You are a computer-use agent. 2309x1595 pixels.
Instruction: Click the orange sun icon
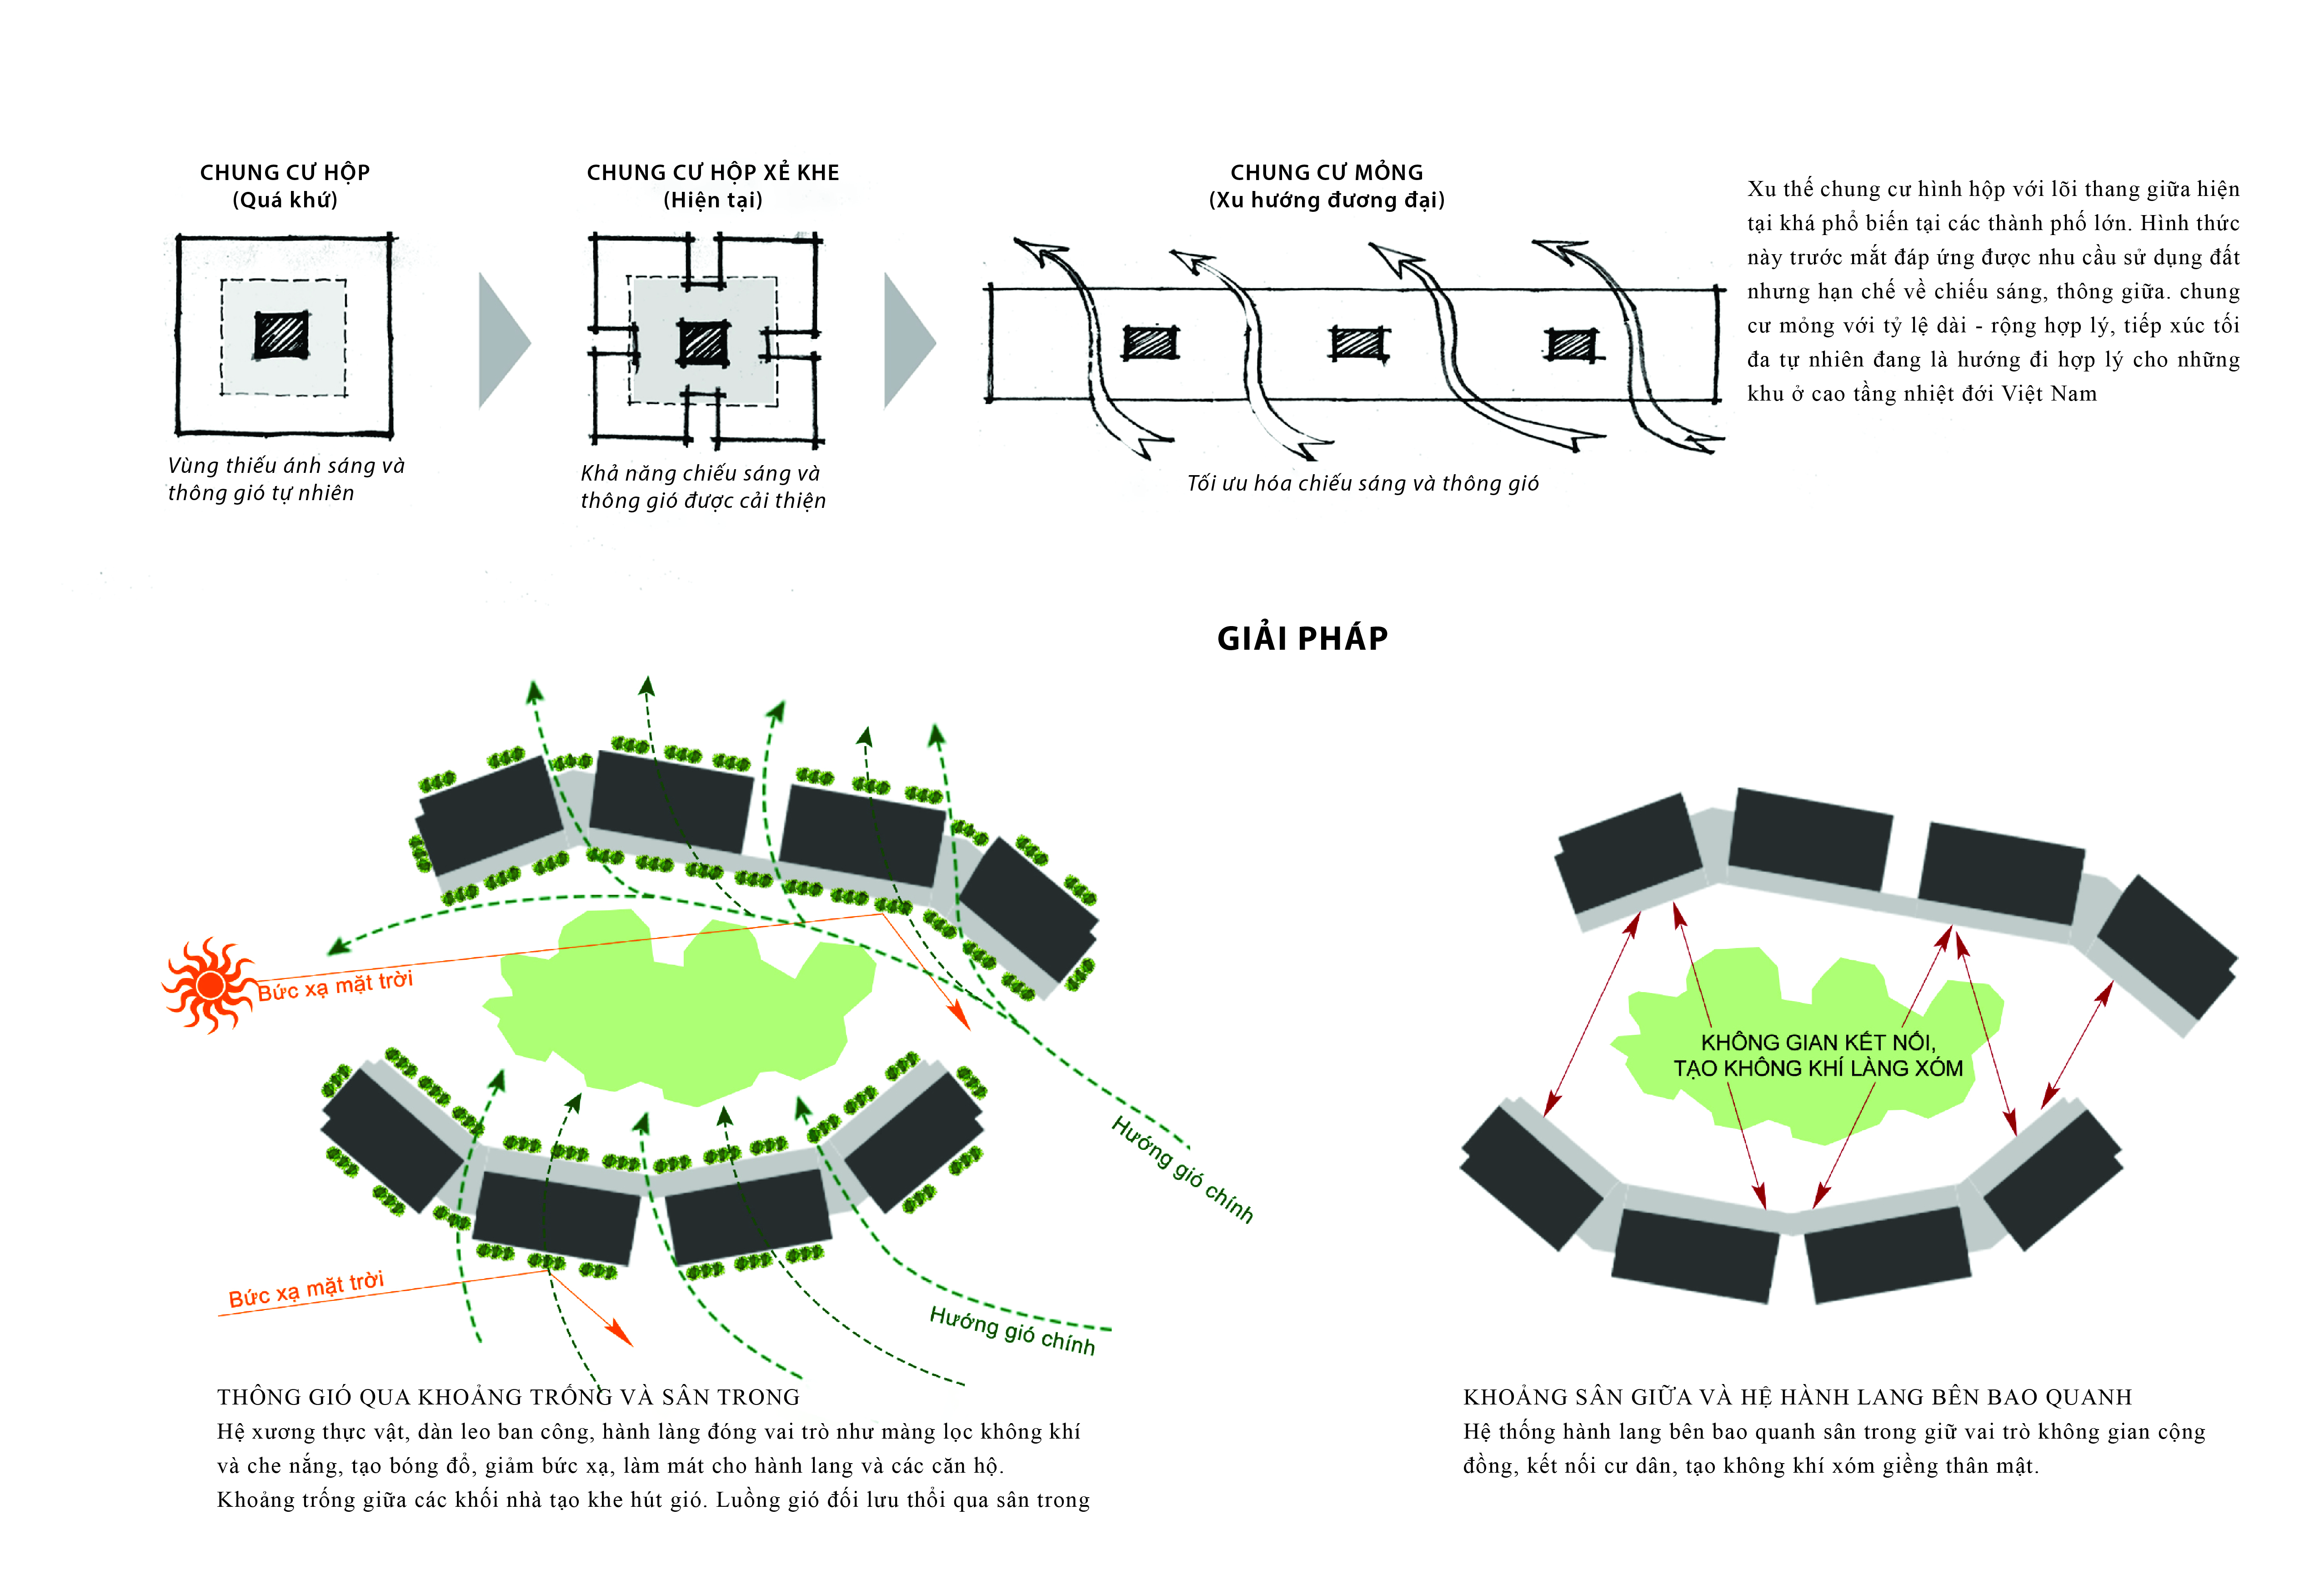(208, 985)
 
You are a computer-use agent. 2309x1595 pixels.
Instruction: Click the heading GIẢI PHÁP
(1302, 639)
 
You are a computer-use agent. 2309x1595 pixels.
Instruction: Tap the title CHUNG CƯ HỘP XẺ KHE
(712, 173)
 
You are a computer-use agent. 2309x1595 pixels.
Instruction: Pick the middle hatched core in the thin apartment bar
(1359, 344)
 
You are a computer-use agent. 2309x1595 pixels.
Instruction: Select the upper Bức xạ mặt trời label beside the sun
(336, 985)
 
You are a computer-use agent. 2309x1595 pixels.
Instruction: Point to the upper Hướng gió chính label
(1182, 1169)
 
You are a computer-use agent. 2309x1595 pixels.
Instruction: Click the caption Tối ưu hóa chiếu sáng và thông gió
(1362, 484)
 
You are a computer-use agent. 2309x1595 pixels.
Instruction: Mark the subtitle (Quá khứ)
(285, 200)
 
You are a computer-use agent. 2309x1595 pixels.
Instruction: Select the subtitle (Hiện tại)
(712, 200)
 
